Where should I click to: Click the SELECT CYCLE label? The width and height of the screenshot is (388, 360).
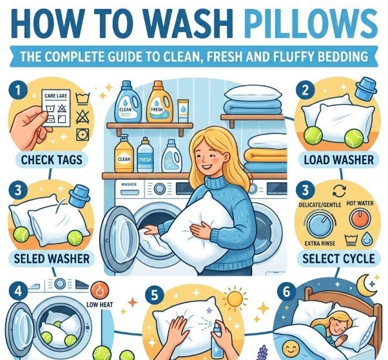click(338, 259)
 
